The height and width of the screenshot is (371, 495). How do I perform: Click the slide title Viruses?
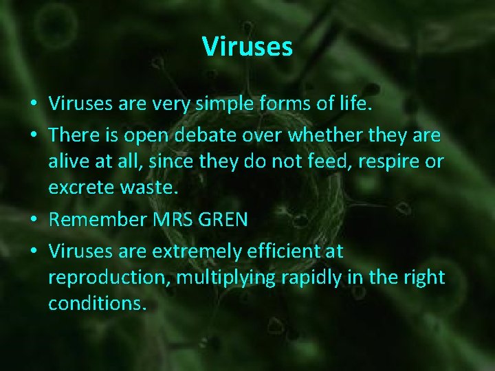[247, 47]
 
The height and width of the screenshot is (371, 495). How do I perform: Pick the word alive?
[67, 161]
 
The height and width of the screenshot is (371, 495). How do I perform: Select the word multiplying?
[224, 278]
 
